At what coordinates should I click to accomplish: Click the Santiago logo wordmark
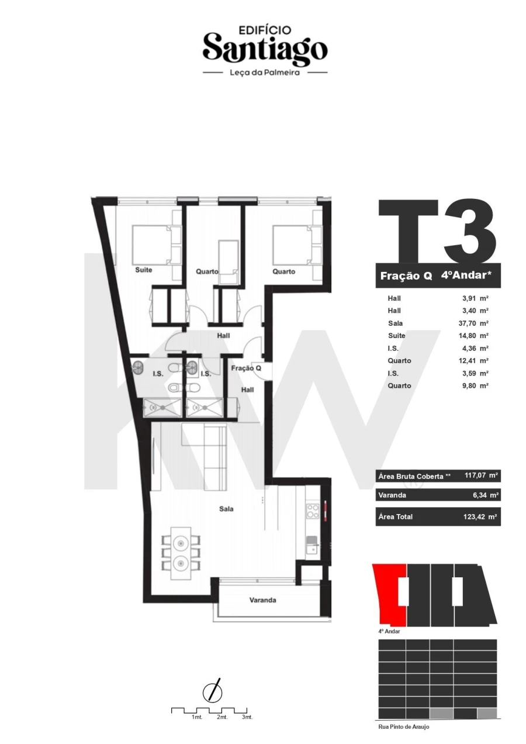pos(265,49)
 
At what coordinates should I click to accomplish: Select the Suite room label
pos(144,271)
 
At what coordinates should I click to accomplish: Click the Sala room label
pos(226,509)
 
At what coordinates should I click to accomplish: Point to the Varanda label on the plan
pos(262,600)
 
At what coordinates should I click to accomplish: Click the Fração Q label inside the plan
pos(245,368)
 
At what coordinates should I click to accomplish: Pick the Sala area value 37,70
pos(474,323)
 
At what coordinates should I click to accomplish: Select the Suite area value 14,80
pos(474,336)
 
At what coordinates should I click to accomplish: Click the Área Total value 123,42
pos(479,517)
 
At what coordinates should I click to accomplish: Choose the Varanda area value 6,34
pos(481,495)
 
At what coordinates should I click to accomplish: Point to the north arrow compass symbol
pos(212,692)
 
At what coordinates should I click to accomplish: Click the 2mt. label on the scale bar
pos(222,717)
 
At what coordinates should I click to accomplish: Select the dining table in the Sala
pos(181,553)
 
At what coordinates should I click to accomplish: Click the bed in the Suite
pos(151,245)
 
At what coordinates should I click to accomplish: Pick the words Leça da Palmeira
pos(265,73)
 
